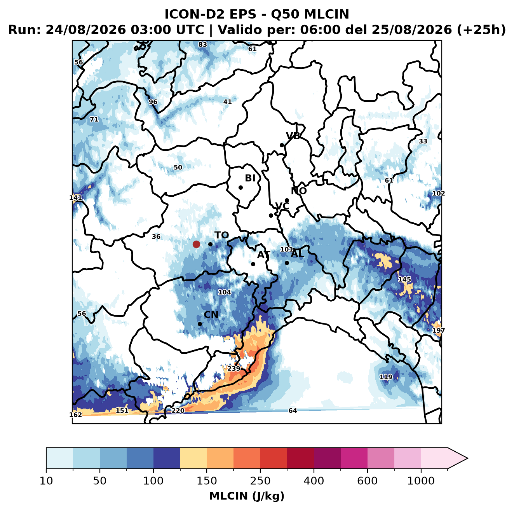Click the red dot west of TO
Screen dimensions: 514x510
196,244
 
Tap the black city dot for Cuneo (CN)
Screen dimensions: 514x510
200,324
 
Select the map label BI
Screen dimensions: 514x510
250,178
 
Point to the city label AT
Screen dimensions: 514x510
263,255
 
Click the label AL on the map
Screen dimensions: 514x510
297,253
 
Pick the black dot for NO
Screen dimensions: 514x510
287,200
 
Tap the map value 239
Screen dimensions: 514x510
233,369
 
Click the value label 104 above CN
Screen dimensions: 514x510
225,292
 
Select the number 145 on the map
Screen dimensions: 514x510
404,279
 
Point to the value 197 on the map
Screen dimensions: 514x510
439,331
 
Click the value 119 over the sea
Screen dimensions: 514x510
386,377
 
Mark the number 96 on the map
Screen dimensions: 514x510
153,102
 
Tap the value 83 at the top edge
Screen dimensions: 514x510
203,45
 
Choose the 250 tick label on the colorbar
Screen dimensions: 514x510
260,481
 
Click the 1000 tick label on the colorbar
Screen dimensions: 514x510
421,481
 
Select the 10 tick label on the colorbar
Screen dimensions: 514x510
46,481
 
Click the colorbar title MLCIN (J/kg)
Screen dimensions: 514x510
247,496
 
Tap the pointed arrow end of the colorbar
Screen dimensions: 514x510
467,458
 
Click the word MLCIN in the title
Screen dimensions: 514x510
326,14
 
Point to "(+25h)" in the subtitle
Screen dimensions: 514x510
481,30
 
